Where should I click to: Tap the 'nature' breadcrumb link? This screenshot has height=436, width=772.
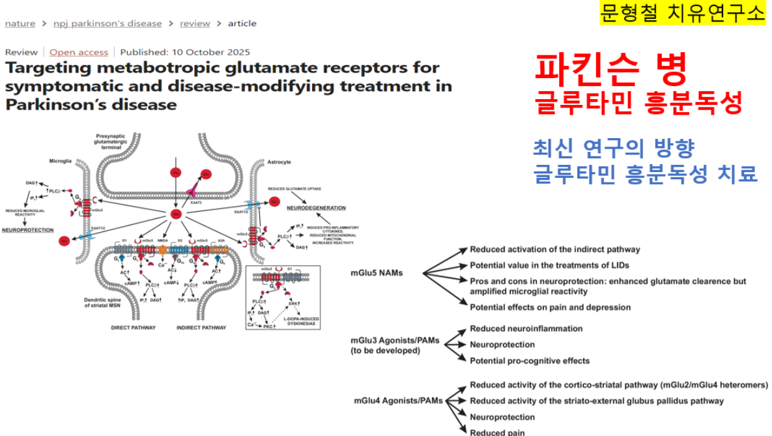pyautogui.click(x=20, y=23)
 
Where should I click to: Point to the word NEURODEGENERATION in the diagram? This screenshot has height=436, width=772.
pyautogui.click(x=317, y=208)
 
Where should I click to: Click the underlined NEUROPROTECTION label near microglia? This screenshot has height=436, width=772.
pyautogui.click(x=28, y=230)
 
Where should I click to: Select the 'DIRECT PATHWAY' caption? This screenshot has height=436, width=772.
pyautogui.click(x=134, y=328)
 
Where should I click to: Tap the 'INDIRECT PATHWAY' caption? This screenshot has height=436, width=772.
pyautogui.click(x=203, y=328)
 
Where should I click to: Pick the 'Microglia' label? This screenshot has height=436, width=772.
pyautogui.click(x=61, y=160)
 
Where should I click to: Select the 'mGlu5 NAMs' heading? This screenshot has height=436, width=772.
pyautogui.click(x=377, y=273)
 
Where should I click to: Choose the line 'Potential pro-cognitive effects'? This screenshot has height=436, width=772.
pyautogui.click(x=530, y=360)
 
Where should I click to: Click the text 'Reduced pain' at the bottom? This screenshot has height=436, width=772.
pyautogui.click(x=497, y=431)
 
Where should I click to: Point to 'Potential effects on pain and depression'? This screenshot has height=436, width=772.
pyautogui.click(x=550, y=307)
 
